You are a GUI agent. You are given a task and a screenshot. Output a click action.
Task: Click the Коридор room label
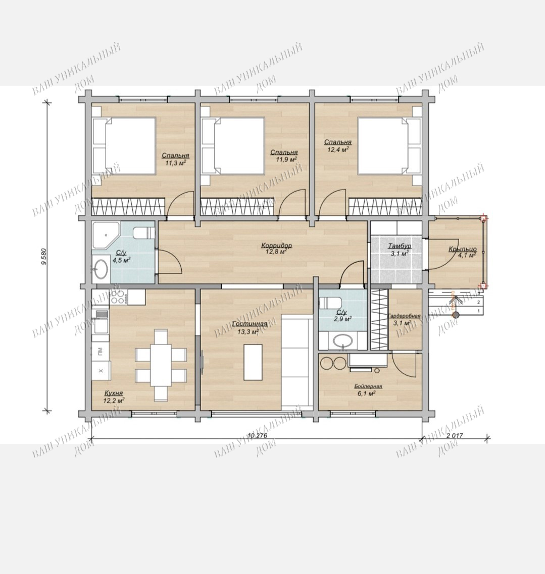pyautogui.click(x=277, y=245)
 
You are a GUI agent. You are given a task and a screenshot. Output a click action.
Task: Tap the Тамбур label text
pyautogui.click(x=400, y=246)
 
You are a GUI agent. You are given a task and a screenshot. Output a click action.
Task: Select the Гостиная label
pyautogui.click(x=250, y=324)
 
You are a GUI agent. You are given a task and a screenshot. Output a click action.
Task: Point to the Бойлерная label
pyautogui.click(x=368, y=386)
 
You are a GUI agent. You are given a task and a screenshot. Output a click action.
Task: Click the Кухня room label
pyautogui.click(x=114, y=393)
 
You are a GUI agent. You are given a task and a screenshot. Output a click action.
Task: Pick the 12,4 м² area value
pyautogui.click(x=337, y=149)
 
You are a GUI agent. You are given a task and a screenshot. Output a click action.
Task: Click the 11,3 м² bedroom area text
pyautogui.click(x=176, y=163)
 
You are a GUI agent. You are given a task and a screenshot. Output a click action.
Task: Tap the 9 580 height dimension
pyautogui.click(x=44, y=257)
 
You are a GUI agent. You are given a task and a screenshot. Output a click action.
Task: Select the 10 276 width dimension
pyautogui.click(x=257, y=436)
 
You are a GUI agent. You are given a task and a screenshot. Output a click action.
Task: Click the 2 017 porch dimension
pyautogui.click(x=455, y=436)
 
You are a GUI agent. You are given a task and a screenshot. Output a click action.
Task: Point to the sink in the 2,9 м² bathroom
pyautogui.click(x=343, y=341)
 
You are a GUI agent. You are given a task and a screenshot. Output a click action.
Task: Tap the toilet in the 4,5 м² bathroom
pyautogui.click(x=143, y=233)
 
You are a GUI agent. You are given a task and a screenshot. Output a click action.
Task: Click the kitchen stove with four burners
pyautogui.click(x=118, y=297)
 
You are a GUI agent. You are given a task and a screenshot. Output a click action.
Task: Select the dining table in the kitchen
pyautogui.click(x=161, y=365)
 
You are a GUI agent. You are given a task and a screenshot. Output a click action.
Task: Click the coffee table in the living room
pyautogui.click(x=253, y=363)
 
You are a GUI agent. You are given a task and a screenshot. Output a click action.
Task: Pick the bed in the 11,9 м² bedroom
pyautogui.click(x=233, y=146)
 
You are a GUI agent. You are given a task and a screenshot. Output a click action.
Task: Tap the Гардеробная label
pyautogui.click(x=404, y=316)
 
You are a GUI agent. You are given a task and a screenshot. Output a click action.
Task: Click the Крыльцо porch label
pyautogui.click(x=463, y=249)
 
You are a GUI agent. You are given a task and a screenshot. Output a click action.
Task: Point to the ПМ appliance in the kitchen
pyautogui.click(x=101, y=352)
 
